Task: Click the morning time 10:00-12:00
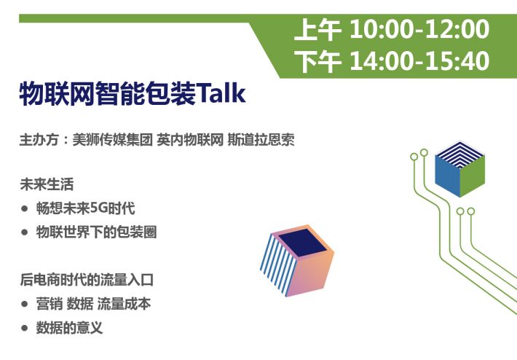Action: (419, 29)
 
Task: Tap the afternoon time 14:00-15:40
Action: (419, 61)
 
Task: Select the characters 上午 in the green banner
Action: (317, 30)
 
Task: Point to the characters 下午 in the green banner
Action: (317, 62)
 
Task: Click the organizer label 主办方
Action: (39, 140)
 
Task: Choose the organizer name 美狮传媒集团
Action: (112, 140)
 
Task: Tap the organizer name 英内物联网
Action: (190, 140)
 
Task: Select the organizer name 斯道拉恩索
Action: (261, 140)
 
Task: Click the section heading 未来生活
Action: (47, 184)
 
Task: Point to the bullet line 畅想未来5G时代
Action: (86, 208)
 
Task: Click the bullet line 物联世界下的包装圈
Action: (96, 232)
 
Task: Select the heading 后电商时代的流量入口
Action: (87, 280)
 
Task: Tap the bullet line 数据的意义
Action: (70, 328)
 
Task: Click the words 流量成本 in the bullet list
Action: (124, 304)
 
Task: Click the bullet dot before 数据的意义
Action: (24, 328)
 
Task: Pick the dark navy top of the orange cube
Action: (303, 243)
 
